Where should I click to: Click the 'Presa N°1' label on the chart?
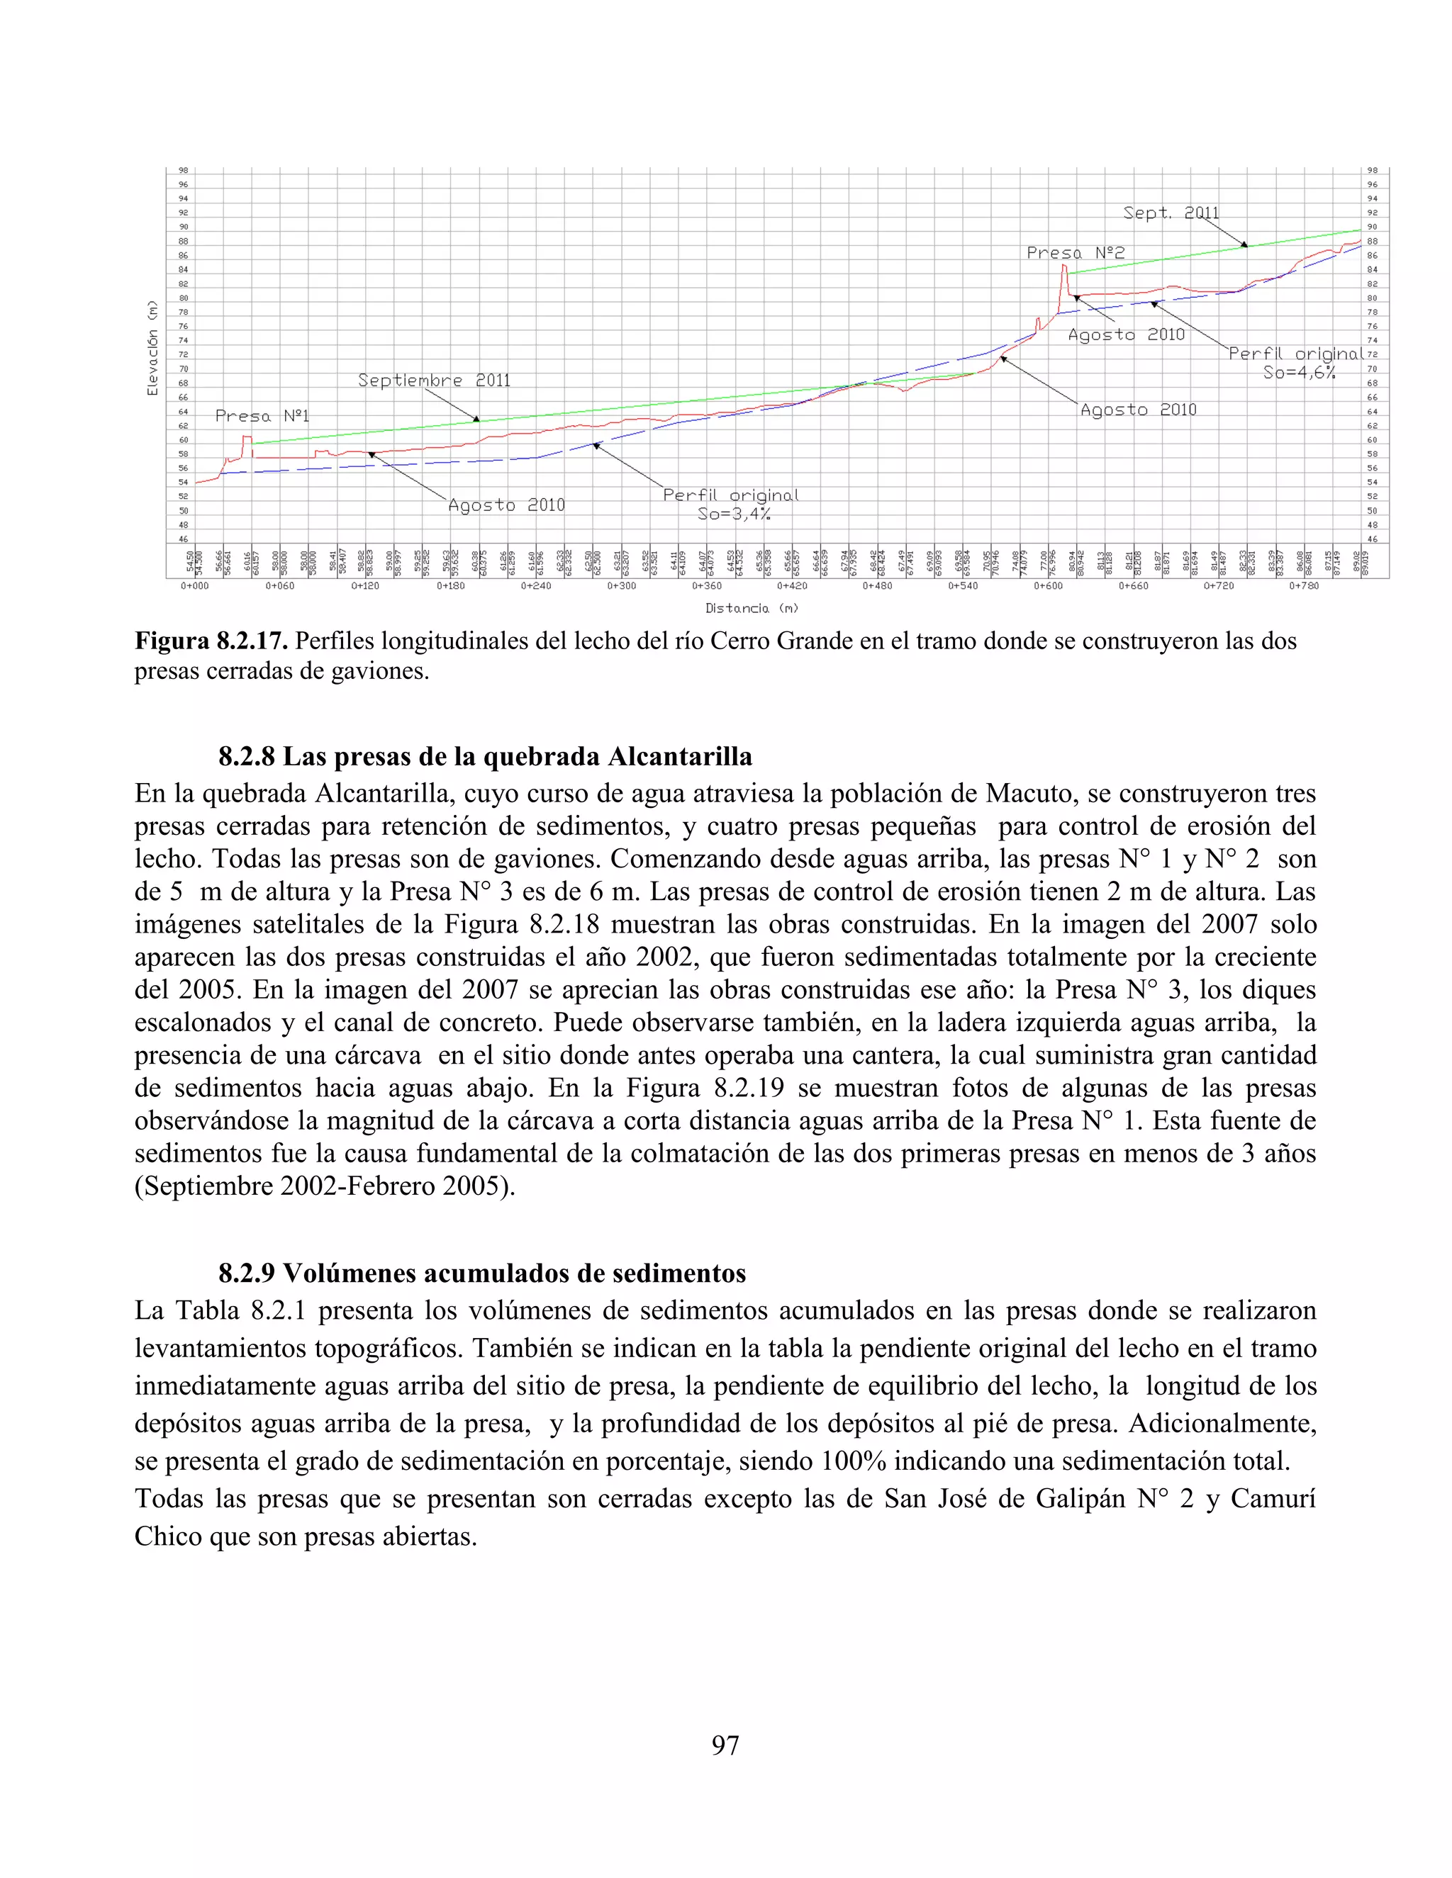(x=262, y=416)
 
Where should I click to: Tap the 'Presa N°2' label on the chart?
(x=1076, y=253)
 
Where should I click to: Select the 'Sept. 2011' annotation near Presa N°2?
(x=1171, y=213)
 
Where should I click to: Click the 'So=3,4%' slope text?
(x=734, y=515)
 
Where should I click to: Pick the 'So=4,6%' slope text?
(x=1298, y=372)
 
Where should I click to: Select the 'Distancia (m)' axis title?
(x=751, y=608)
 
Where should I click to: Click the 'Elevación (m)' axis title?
(x=152, y=347)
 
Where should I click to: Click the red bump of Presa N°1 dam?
(x=247, y=444)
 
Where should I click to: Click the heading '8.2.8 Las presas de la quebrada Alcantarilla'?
(x=485, y=757)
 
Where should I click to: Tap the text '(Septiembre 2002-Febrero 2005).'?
(x=324, y=1186)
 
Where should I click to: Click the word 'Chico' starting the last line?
(x=169, y=1536)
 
